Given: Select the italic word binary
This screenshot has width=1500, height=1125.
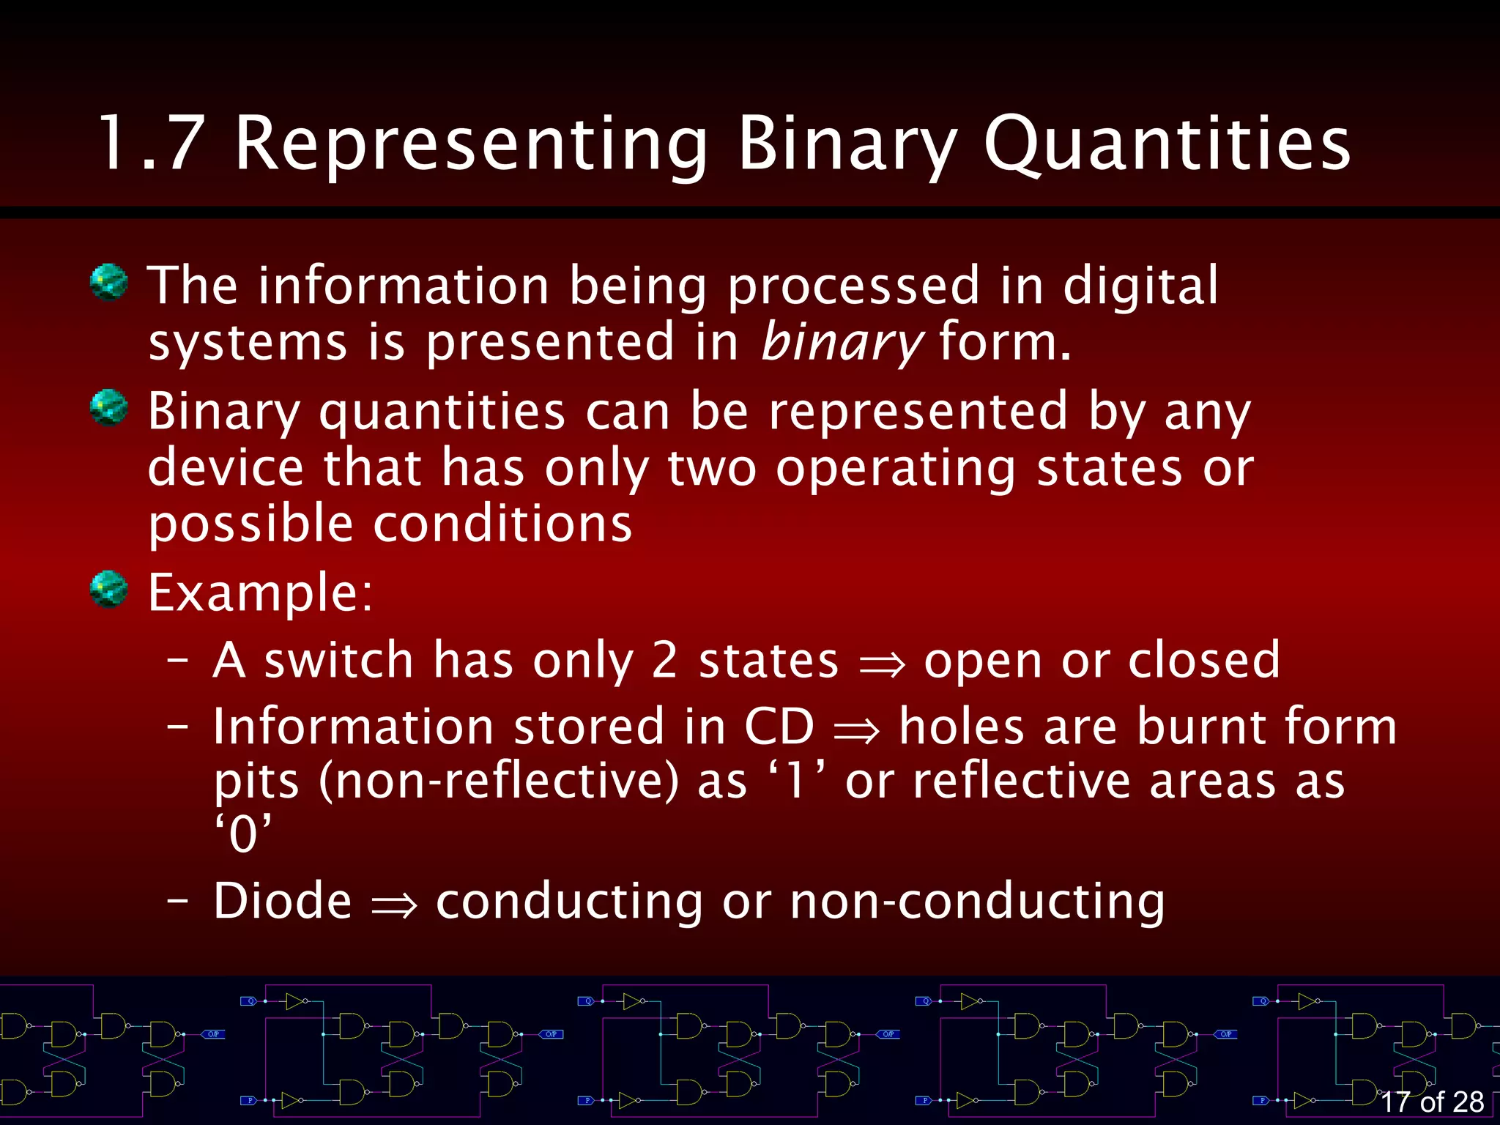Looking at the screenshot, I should (x=842, y=343).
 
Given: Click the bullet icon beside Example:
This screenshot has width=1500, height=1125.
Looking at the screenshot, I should (x=109, y=590).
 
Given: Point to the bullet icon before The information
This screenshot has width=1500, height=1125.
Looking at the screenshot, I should (x=109, y=282).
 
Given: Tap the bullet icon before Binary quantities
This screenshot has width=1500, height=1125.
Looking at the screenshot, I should (x=109, y=408).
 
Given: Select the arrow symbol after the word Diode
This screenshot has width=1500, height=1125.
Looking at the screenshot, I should (x=394, y=904).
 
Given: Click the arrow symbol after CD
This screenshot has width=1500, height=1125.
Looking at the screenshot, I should (x=856, y=729).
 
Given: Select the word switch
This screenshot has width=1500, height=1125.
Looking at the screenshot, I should (x=339, y=660).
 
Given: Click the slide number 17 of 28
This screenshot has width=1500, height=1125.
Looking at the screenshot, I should (x=1431, y=1102).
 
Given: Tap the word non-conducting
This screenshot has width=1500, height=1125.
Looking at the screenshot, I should (x=977, y=902).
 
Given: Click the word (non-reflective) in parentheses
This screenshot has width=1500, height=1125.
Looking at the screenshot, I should (x=499, y=781).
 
